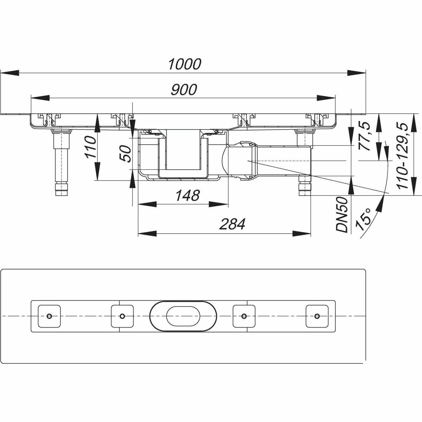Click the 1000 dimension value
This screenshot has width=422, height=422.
(185, 64)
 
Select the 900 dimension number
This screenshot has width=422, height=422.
(184, 89)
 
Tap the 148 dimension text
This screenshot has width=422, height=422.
(188, 195)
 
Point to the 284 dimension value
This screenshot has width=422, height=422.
(232, 224)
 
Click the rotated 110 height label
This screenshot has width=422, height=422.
(90, 147)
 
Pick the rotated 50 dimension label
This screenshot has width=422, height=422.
(126, 153)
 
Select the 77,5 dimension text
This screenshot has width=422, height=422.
(364, 136)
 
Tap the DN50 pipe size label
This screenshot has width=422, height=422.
(342, 214)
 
